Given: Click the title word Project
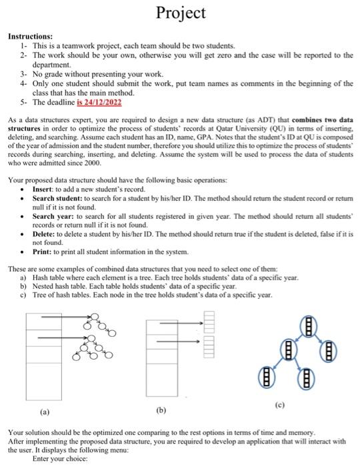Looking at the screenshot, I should click(181, 12).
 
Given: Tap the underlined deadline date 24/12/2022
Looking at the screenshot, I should click(99, 103).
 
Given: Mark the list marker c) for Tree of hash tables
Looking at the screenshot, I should click(25, 295).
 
